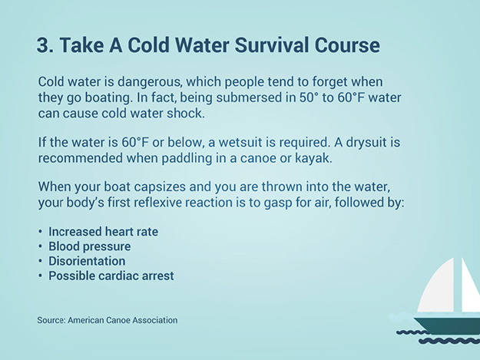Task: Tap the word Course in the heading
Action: [x=347, y=45]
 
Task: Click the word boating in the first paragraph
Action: [x=108, y=98]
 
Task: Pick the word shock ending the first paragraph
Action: [x=186, y=114]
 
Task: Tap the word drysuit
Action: [x=366, y=143]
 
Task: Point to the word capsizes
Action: [x=160, y=187]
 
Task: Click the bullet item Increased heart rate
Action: [x=103, y=232]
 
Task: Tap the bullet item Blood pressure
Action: [x=90, y=246]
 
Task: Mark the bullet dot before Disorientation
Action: [x=41, y=261]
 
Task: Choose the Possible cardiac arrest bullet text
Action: [x=111, y=276]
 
